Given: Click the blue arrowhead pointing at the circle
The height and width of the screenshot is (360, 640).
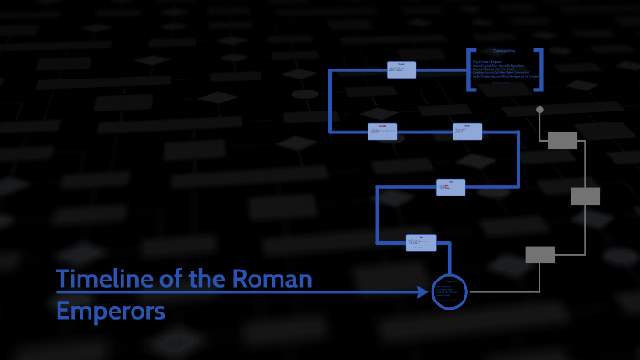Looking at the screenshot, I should click(x=422, y=292).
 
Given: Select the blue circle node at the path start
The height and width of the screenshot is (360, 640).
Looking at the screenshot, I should click(x=449, y=291).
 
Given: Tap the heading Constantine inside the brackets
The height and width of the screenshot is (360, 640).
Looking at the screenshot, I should click(x=504, y=51).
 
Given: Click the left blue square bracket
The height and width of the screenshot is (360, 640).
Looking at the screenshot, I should click(x=469, y=69).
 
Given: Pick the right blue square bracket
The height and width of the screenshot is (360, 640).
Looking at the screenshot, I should click(x=540, y=69).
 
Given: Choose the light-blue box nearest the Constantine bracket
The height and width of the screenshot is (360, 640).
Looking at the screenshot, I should click(x=400, y=69).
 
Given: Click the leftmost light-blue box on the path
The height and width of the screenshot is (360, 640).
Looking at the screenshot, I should click(x=382, y=132).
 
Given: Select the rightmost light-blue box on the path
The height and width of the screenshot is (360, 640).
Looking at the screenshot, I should click(x=467, y=132).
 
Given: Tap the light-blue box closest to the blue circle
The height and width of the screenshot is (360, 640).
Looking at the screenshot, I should click(x=421, y=243).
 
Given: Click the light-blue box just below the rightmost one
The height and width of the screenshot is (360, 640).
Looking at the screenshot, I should click(x=451, y=187).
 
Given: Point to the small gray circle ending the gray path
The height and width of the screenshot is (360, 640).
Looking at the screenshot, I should click(x=539, y=110).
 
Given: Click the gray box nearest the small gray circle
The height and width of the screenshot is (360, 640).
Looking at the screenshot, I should click(x=562, y=140).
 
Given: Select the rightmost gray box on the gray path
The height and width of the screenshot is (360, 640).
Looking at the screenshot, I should click(x=585, y=196).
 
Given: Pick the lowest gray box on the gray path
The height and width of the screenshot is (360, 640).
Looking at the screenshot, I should click(x=540, y=255).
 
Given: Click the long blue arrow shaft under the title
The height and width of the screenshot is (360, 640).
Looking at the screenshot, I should click(x=238, y=292).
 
